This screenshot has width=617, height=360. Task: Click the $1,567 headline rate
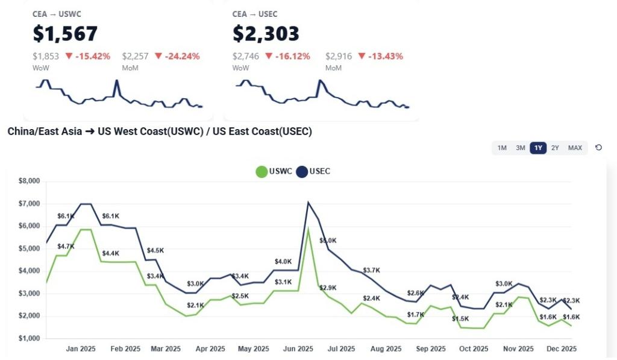(x=65, y=34)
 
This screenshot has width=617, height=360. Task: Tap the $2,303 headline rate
(x=266, y=34)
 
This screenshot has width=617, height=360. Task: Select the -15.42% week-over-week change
(x=88, y=56)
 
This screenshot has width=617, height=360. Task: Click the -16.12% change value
(x=288, y=56)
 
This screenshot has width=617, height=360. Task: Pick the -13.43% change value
(x=381, y=56)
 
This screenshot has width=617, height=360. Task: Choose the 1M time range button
(x=502, y=148)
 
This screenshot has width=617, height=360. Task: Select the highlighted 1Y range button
(x=538, y=148)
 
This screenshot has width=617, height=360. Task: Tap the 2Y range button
(x=555, y=148)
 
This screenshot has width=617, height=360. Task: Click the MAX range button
(x=575, y=148)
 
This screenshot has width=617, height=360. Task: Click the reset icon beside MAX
(x=598, y=148)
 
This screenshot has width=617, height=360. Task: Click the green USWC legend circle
(x=262, y=172)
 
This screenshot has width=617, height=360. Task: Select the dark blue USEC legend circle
(x=301, y=172)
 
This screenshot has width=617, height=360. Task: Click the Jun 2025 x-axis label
(x=298, y=349)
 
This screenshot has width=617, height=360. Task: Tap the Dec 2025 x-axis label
(x=562, y=349)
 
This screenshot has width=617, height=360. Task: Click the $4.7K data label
(x=66, y=247)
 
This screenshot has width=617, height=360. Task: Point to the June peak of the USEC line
(x=308, y=203)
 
